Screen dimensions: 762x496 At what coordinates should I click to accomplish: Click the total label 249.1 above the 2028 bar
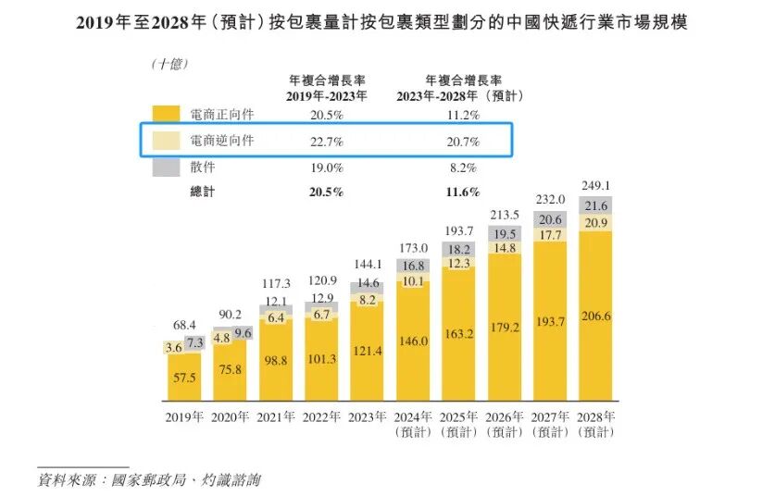click(595, 186)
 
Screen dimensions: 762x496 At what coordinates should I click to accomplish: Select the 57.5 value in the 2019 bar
click(184, 378)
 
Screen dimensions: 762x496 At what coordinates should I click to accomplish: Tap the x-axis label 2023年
click(367, 416)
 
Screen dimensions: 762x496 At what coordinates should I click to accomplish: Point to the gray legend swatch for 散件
click(166, 167)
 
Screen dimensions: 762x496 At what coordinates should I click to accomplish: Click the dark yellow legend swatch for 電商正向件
click(166, 114)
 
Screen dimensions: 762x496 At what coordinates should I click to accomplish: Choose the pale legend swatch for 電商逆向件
click(166, 141)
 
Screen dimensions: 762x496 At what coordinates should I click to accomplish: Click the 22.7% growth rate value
click(327, 142)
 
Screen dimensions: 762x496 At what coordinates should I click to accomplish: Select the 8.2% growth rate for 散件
click(463, 168)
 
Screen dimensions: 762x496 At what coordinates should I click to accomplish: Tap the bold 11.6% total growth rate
click(463, 192)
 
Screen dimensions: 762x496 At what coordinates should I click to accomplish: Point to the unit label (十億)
click(169, 64)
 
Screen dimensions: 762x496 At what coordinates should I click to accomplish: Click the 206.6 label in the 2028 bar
click(595, 316)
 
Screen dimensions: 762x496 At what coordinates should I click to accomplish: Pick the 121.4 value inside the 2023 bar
click(367, 351)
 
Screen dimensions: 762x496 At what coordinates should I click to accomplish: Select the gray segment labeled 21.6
click(595, 205)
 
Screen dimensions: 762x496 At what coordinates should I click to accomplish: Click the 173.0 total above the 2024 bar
click(413, 248)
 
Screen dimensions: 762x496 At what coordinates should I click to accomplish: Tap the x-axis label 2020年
click(230, 416)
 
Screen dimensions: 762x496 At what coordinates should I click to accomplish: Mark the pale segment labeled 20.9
click(595, 222)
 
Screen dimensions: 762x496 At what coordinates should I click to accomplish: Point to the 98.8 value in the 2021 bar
click(276, 361)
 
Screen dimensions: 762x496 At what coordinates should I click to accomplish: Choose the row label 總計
click(202, 192)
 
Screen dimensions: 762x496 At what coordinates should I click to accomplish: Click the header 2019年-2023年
click(327, 96)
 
